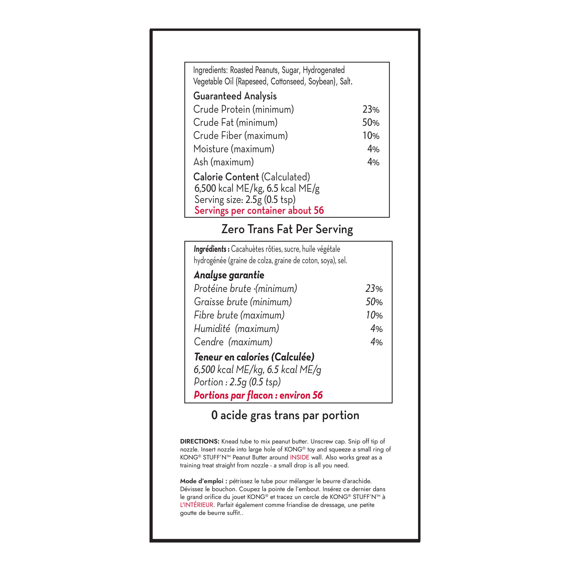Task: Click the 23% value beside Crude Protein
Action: click(371, 110)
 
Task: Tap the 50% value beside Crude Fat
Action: click(371, 123)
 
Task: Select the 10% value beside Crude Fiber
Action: click(371, 136)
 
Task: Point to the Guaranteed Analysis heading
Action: click(235, 96)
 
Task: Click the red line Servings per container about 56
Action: click(259, 211)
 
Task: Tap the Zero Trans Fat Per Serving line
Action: click(287, 229)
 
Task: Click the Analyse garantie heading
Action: click(229, 275)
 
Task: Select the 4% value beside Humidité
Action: click(376, 329)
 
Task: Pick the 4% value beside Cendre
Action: click(376, 342)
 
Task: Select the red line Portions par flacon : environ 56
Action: click(258, 395)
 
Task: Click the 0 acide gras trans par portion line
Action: click(285, 415)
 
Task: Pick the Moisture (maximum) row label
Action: click(234, 149)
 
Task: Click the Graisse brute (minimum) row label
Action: click(243, 302)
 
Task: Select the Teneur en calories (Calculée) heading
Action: click(254, 357)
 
